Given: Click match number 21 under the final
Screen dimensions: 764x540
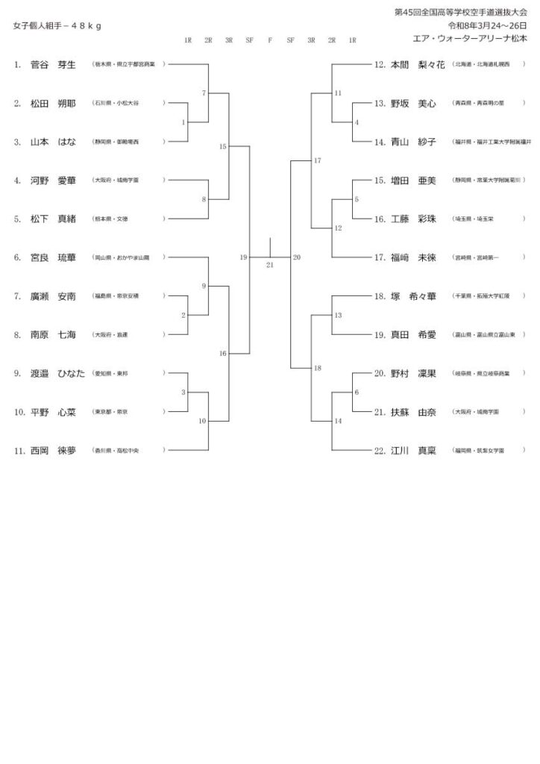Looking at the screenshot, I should (x=269, y=265).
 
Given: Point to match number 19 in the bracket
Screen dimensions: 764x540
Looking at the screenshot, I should (x=243, y=257).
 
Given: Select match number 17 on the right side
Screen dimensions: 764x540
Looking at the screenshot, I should (x=318, y=161).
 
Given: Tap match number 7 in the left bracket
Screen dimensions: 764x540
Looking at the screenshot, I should (x=204, y=93).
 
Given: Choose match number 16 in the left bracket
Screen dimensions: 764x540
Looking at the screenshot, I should (x=222, y=354).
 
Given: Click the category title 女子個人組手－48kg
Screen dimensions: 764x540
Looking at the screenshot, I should (x=57, y=25).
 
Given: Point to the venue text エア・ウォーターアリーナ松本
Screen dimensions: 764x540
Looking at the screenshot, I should (x=468, y=37).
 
